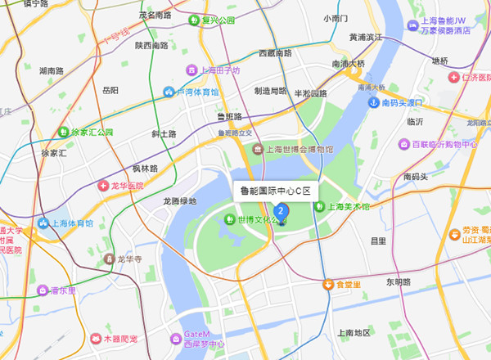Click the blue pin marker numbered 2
pos(282,212)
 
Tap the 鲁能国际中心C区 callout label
pos(276,191)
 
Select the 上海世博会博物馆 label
pos(300,150)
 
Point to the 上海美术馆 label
pos(349,207)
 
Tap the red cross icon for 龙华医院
pos(103,187)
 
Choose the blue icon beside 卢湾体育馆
pos(169,92)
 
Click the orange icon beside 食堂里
pos(327,285)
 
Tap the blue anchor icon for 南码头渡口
pos(373,102)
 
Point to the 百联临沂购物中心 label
pos(444,144)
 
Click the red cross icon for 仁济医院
pos(452,76)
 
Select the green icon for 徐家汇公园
pos(63,131)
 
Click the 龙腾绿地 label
pos(179,200)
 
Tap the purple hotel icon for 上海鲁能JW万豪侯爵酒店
pos(412,25)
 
